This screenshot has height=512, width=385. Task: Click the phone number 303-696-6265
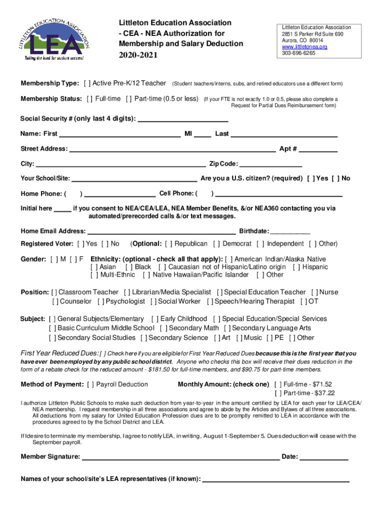coord(298,53)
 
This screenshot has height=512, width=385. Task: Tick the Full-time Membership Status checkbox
coord(89,98)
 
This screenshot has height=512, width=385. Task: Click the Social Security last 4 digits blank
coord(182,119)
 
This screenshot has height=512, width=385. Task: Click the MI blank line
coord(202,134)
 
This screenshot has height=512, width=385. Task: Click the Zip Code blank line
coord(271,164)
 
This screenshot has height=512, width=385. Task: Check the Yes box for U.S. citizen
coord(310,178)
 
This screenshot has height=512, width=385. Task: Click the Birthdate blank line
coord(290,231)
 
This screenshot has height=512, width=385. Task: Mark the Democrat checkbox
coord(216,244)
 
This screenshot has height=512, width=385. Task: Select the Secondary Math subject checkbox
coord(163,328)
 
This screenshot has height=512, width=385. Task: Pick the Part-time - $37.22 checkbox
coord(277,393)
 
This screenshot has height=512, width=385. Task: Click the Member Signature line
coord(180,457)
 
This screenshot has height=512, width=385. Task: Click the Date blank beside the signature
coord(323,457)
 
